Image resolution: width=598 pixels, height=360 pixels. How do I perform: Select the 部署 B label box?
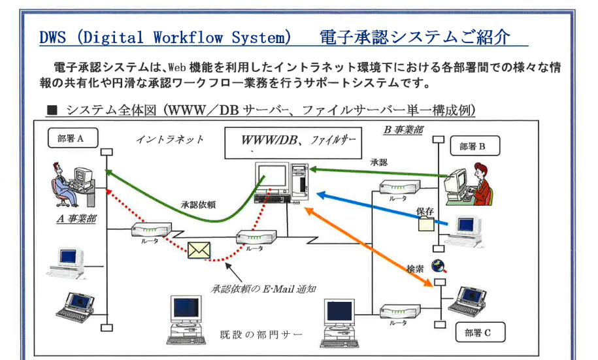click(474, 146)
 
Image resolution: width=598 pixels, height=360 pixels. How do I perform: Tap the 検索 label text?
click(416, 268)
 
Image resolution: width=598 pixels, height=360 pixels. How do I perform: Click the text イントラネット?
click(169, 139)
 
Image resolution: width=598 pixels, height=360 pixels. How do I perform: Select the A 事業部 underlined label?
click(76, 219)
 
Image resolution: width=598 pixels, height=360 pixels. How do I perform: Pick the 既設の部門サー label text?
click(261, 336)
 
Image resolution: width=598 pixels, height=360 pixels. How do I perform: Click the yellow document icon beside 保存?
click(425, 224)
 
